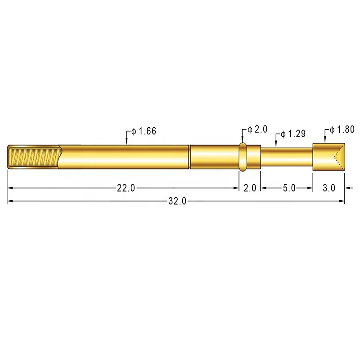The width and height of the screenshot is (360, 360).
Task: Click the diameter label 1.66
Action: click(148, 132)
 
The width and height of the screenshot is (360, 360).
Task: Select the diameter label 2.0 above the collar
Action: click(261, 129)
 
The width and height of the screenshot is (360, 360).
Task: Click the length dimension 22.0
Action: click(126, 189)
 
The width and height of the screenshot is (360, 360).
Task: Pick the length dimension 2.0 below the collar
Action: click(250, 189)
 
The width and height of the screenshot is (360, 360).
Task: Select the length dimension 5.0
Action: click(289, 189)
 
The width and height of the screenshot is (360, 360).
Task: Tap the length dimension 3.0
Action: click(329, 189)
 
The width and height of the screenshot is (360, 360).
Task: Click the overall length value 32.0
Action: click(177, 201)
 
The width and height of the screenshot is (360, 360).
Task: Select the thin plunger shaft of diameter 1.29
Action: click(287, 157)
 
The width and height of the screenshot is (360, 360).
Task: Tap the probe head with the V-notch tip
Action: click(328, 157)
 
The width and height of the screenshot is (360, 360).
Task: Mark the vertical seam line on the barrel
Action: click(189, 157)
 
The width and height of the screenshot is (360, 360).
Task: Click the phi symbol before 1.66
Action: click(134, 132)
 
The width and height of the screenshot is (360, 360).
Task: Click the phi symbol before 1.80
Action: click(332, 130)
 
